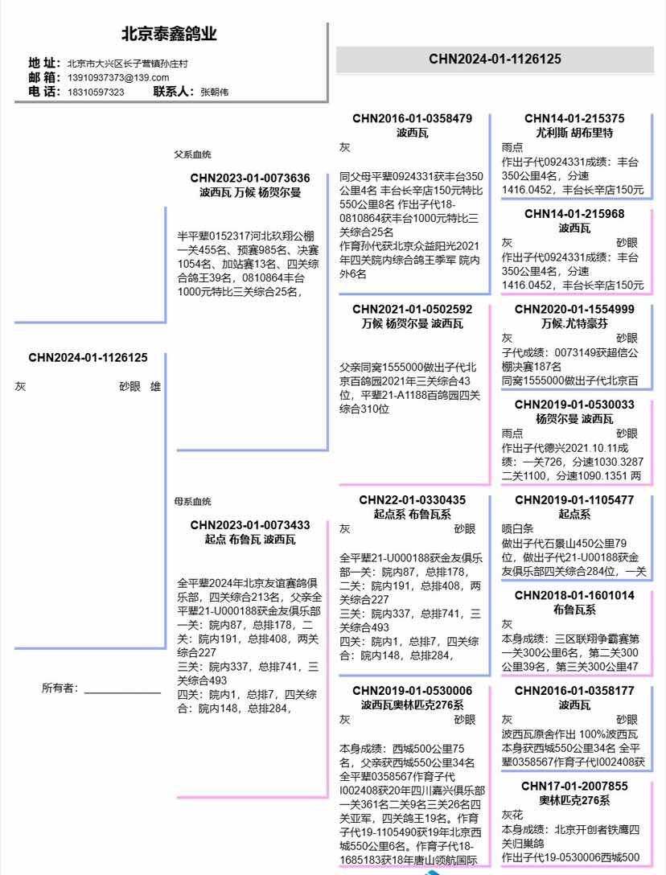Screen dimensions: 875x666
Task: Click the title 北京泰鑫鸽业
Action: point(169,35)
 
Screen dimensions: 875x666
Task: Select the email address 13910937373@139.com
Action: point(118,77)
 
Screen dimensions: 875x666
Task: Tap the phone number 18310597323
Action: point(96,92)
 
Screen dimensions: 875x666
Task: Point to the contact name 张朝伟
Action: point(214,92)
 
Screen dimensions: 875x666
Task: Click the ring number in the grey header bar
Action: point(495,59)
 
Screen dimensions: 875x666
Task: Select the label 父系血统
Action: point(193,154)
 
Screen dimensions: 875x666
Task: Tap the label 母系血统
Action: point(193,502)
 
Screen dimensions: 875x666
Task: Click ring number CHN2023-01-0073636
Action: point(250,178)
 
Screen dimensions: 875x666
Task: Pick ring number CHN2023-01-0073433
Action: point(250,525)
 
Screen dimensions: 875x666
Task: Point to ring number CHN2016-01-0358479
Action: point(412,118)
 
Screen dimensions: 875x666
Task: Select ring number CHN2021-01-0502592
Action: point(412,309)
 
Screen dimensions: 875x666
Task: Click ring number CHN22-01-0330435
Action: point(412,499)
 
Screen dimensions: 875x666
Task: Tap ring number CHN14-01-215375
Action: point(574,118)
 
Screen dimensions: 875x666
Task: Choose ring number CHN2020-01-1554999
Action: point(574,309)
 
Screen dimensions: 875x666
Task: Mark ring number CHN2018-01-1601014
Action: point(574,595)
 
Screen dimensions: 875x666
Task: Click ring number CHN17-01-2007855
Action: point(574,786)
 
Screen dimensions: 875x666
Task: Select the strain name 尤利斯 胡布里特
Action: point(574,133)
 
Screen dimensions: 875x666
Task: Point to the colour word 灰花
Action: point(512,815)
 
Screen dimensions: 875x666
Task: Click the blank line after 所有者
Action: point(122,689)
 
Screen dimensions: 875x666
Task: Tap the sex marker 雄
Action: point(155,387)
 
